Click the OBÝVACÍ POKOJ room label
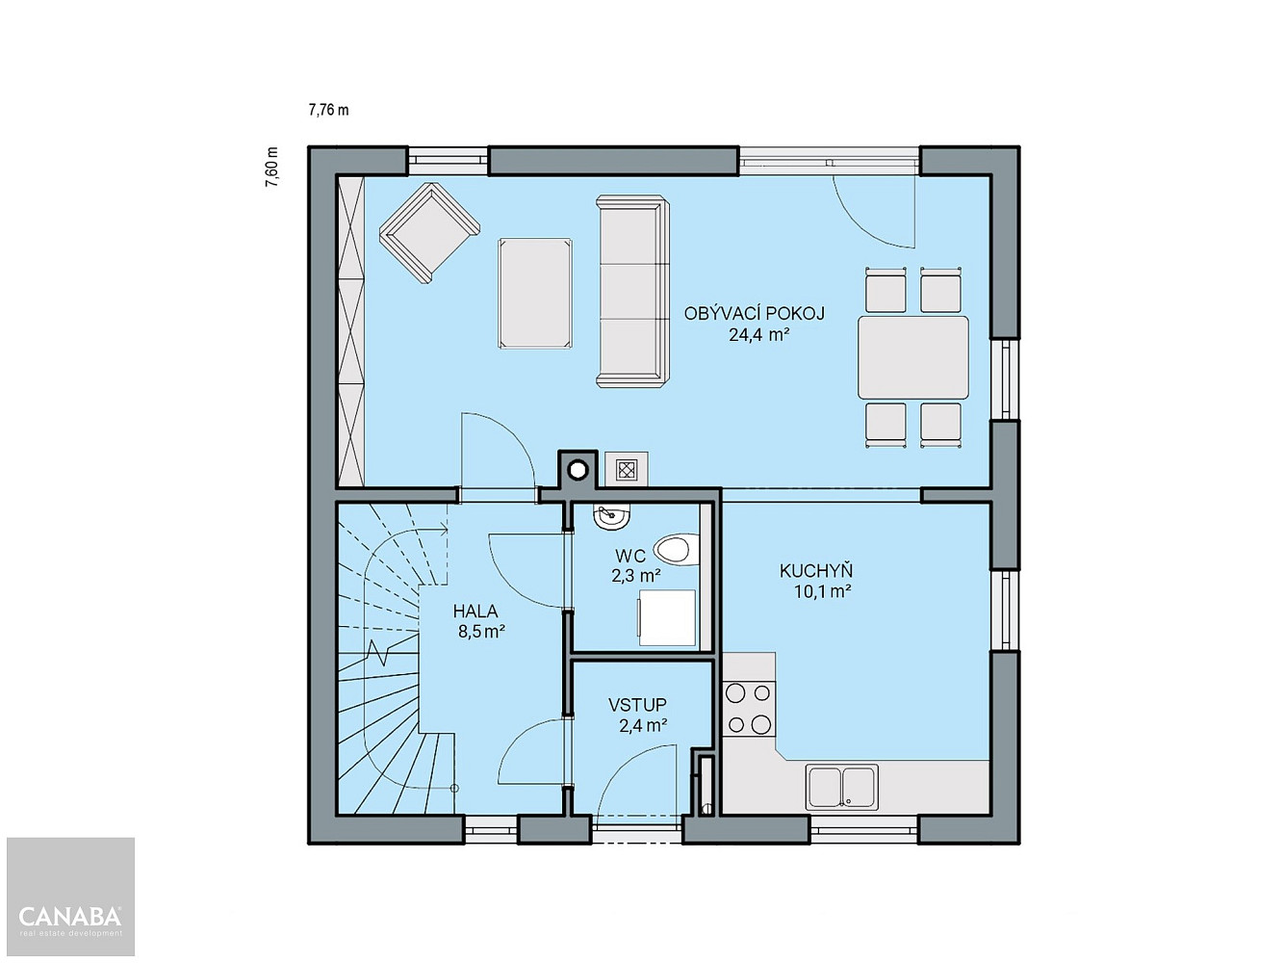coord(754,314)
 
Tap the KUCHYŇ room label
coord(816,571)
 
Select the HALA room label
coord(475,612)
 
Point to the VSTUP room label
coord(637,705)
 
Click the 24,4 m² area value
coord(759,335)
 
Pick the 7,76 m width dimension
coord(328,110)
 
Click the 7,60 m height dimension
coord(271,168)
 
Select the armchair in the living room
coord(429,233)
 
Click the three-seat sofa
coord(633,291)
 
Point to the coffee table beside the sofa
coord(535,293)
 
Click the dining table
coord(913,357)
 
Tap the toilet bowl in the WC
coord(677,550)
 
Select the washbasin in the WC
coord(611,517)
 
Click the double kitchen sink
coord(841,787)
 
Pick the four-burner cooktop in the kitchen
coord(748,709)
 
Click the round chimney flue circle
coord(578,469)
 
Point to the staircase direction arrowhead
coord(444,529)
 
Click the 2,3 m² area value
coord(636,577)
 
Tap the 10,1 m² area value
coord(822,591)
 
